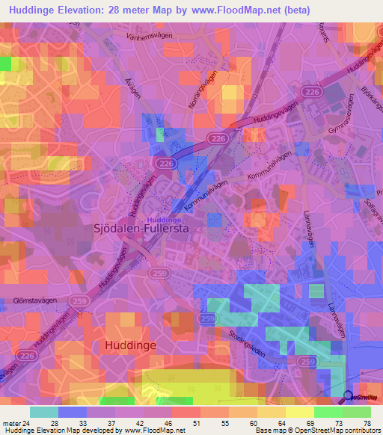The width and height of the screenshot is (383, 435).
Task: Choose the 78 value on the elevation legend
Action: [x=367, y=422]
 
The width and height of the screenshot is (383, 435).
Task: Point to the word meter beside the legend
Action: [x=13, y=422]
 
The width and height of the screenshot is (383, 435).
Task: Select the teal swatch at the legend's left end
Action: [x=44, y=412]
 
